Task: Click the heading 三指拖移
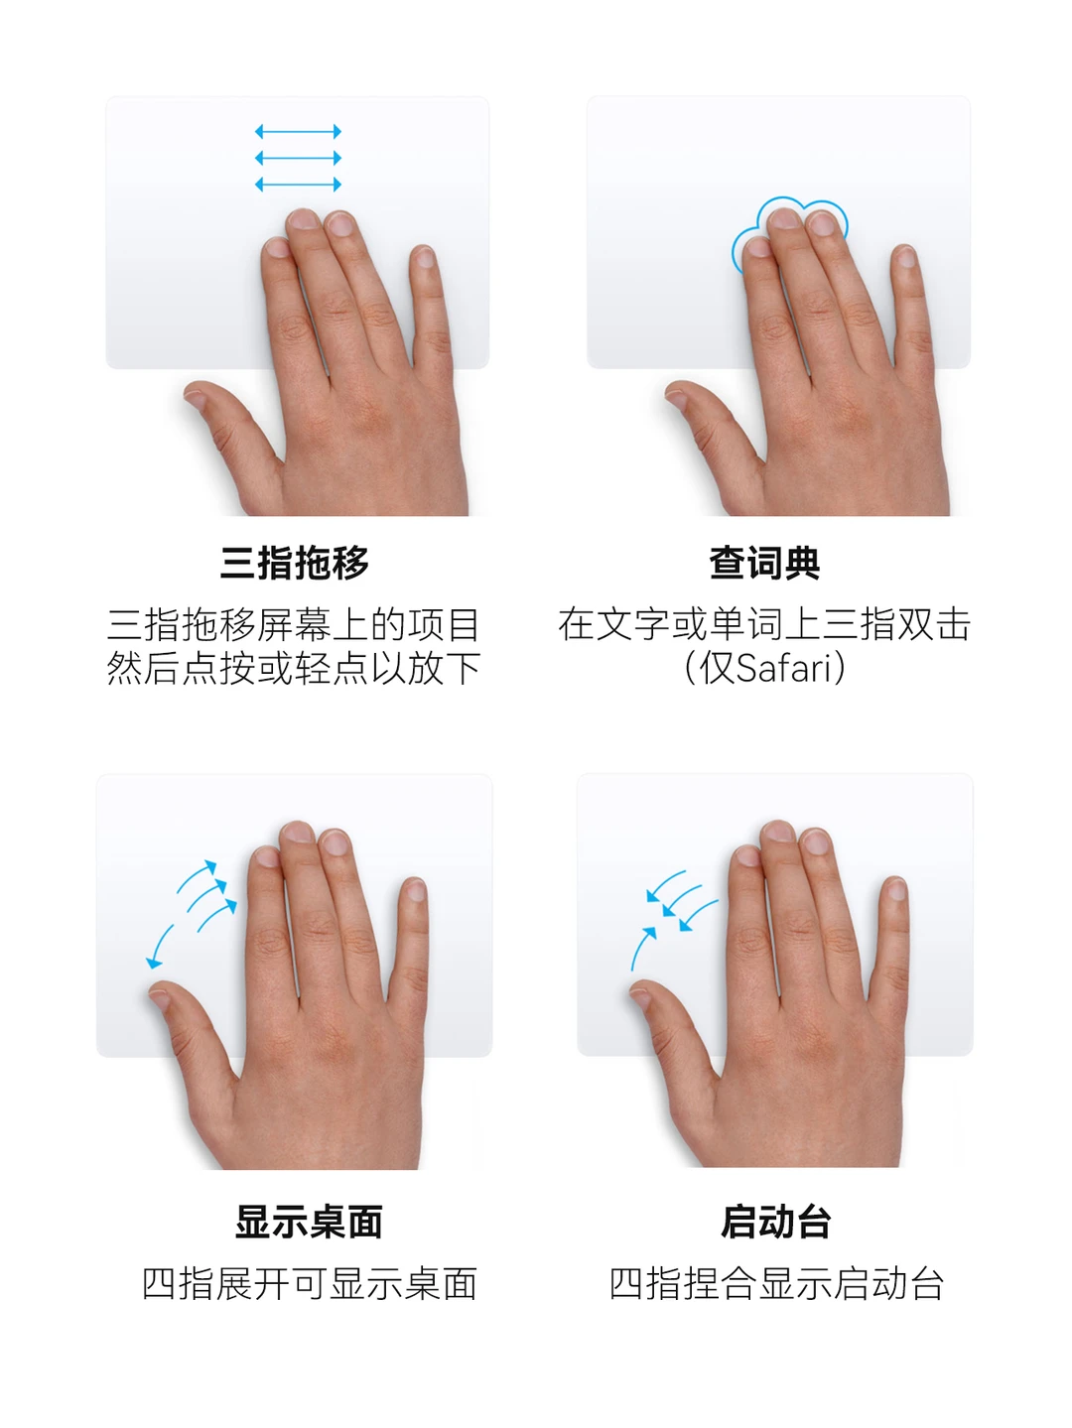294,563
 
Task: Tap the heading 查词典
764,563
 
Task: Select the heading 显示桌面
309,1222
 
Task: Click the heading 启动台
775,1222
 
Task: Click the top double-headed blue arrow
298,131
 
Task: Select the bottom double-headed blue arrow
298,185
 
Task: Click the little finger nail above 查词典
905,258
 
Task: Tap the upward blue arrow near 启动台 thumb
642,947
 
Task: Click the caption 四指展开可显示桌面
310,1283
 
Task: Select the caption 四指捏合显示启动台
776,1283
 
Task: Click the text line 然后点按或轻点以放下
294,668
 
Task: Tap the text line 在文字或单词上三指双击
764,624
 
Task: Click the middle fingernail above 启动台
777,832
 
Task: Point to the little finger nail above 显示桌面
415,890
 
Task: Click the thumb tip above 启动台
640,994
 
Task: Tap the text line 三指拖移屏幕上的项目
294,624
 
